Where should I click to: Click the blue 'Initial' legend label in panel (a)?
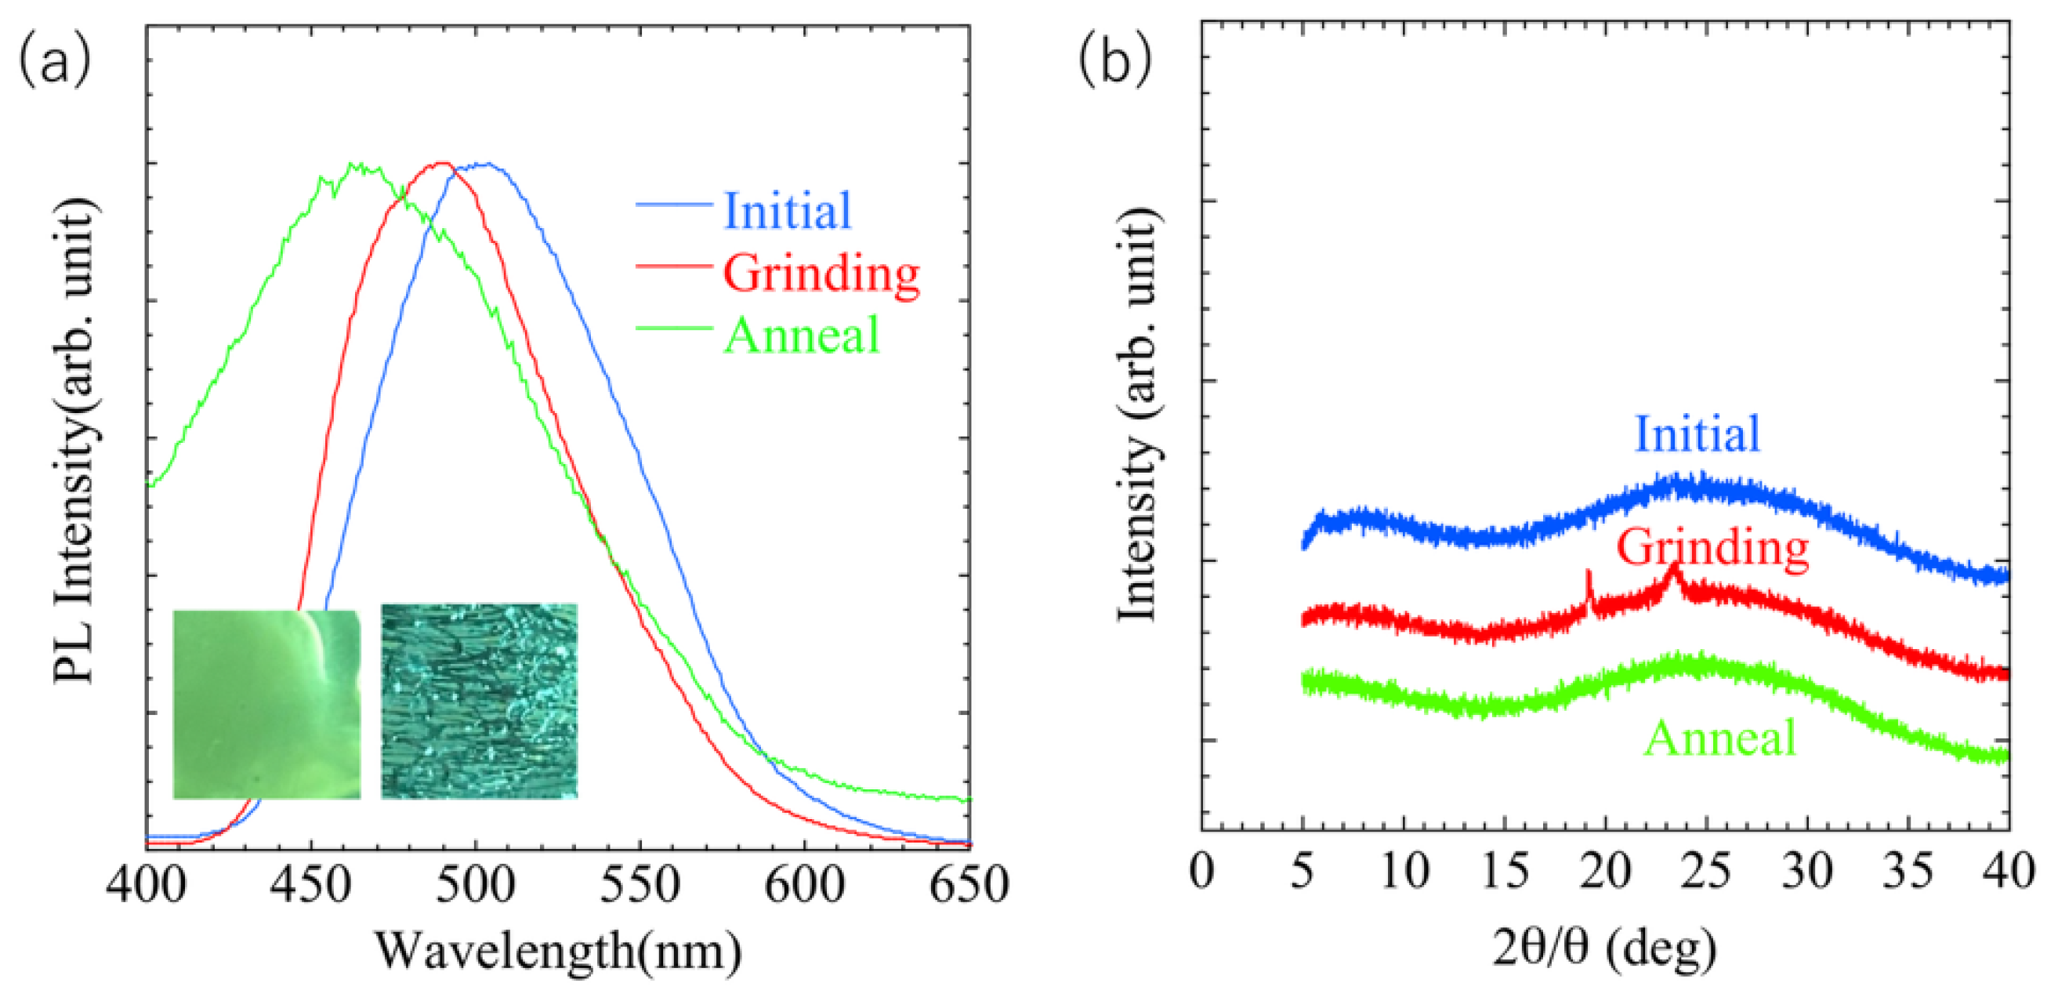point(788,210)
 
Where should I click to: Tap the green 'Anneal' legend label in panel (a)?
point(801,335)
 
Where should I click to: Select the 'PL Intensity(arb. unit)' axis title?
point(76,441)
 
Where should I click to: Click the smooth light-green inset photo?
point(266,704)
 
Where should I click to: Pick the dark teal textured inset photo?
point(480,701)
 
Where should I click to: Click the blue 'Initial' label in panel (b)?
point(1697,434)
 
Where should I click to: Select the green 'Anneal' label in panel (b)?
point(1720,738)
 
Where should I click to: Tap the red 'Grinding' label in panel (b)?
point(1713,550)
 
